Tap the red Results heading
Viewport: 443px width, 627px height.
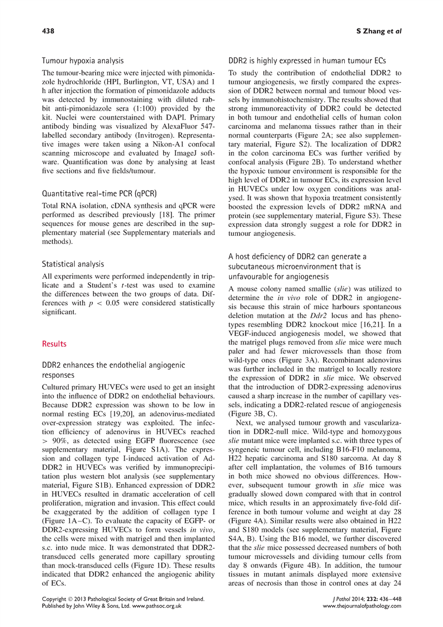55,344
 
